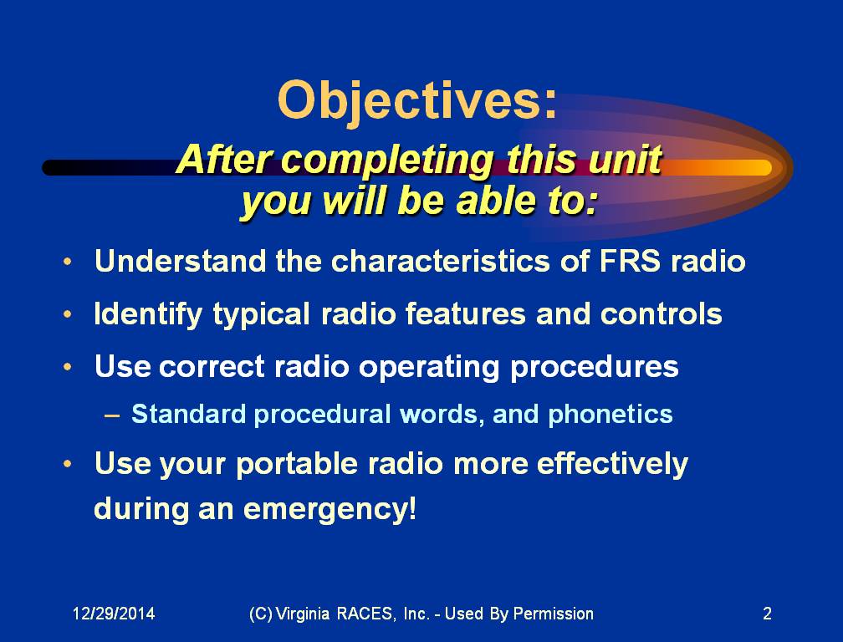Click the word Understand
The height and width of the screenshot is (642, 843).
pyautogui.click(x=180, y=261)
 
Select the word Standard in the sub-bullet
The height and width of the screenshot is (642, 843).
pyautogui.click(x=189, y=415)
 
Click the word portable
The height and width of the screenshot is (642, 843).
pyautogui.click(x=297, y=465)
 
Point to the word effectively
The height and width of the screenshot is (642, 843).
pyautogui.click(x=612, y=464)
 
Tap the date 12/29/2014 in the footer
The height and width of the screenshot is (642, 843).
pyautogui.click(x=114, y=614)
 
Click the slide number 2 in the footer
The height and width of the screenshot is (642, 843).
pyautogui.click(x=767, y=614)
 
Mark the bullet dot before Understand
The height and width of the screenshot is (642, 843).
pyautogui.click(x=67, y=262)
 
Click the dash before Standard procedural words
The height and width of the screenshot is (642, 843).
pyautogui.click(x=112, y=415)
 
